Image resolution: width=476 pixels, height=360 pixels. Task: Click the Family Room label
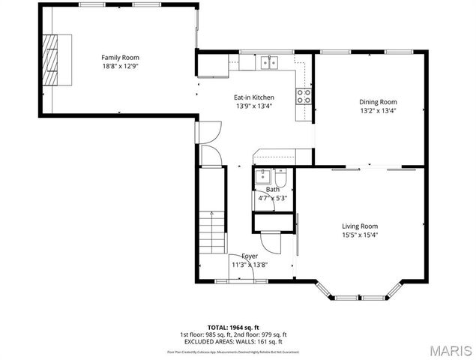pos(120,58)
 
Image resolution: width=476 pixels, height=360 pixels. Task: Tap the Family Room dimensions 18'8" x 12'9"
pos(120,66)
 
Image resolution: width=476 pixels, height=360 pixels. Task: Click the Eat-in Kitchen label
pos(253,97)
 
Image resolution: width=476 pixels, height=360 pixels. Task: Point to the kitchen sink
pos(269,63)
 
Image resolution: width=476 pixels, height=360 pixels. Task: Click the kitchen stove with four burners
pos(304,96)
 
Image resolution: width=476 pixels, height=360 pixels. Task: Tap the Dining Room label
pos(378,102)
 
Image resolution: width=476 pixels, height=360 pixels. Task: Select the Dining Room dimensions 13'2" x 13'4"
pos(378,111)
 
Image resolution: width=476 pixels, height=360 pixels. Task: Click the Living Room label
pos(360,226)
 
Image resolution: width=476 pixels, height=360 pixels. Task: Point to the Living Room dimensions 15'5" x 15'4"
pos(360,235)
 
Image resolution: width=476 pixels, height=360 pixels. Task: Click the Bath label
pos(272,190)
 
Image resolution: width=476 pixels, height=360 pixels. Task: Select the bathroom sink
pos(262,178)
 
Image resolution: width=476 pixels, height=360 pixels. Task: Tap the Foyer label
pos(250,256)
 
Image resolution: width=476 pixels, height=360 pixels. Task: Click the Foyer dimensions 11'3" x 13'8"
pos(250,265)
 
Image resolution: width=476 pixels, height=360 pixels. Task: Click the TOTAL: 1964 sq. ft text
pos(233,328)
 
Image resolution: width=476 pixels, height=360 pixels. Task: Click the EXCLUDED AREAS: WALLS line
pos(233,341)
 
